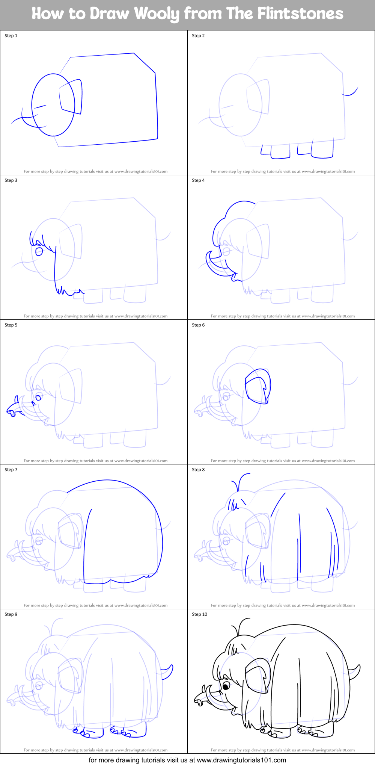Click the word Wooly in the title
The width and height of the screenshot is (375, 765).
[x=157, y=14]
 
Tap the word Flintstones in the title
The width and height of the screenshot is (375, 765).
[x=300, y=14]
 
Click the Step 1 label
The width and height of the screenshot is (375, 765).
[x=11, y=36]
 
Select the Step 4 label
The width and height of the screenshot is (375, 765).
[x=198, y=180]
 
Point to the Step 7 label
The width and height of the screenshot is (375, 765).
[x=11, y=470]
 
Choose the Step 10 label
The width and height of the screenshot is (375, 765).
[x=199, y=614]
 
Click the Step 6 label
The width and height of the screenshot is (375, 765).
[x=198, y=325]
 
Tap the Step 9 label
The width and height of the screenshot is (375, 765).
[x=11, y=614]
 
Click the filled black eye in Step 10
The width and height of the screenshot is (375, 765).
[x=226, y=686]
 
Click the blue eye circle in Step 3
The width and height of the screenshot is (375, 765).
[x=39, y=251]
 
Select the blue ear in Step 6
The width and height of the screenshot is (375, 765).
[x=258, y=386]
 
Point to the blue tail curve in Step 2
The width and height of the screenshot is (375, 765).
[x=351, y=92]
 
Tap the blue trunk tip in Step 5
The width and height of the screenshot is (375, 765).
[x=12, y=411]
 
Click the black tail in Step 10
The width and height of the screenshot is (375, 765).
[x=355, y=672]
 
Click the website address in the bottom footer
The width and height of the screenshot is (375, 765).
[x=241, y=760]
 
